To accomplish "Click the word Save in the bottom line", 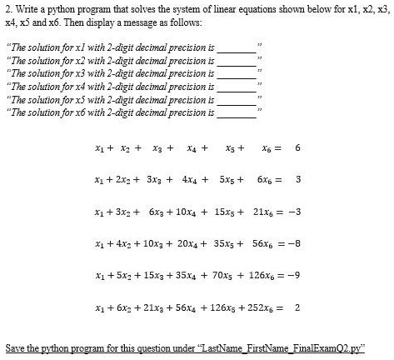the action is (x=16, y=346).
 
